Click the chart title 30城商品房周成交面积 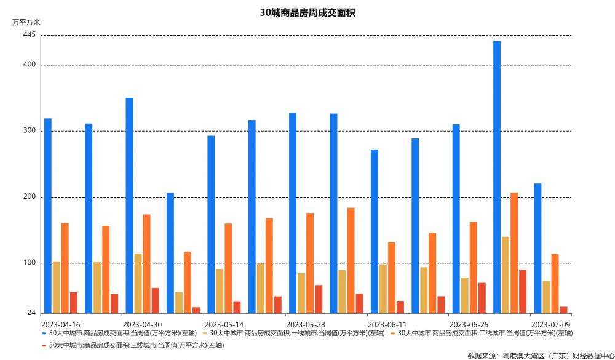pyautogui.click(x=307, y=12)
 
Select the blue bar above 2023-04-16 pyautogui.click(x=48, y=215)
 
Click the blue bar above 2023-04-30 pyautogui.click(x=130, y=206)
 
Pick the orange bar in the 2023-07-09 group pyautogui.click(x=555, y=284)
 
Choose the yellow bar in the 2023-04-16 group pyautogui.click(x=57, y=287)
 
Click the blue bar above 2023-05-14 pyautogui.click(x=211, y=225)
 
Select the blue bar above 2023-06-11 pyautogui.click(x=375, y=231)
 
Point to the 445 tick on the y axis pyautogui.click(x=30, y=36)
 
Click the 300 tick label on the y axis pyautogui.click(x=30, y=131)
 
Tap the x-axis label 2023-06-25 pyautogui.click(x=469, y=324)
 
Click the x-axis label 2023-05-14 pyautogui.click(x=224, y=324)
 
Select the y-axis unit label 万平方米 pyautogui.click(x=26, y=22)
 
